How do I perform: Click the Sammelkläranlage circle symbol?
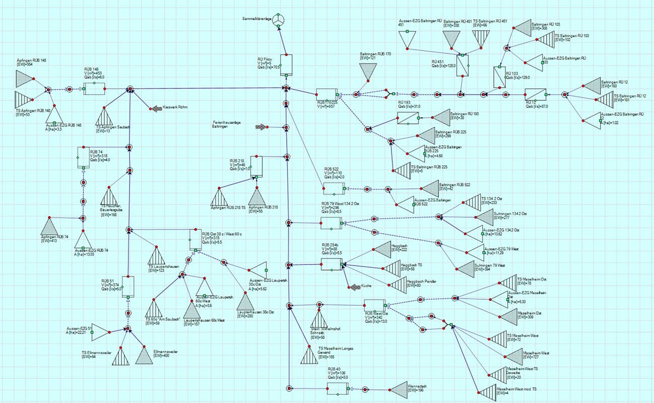(x=279, y=19)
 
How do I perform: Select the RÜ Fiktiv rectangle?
(x=286, y=64)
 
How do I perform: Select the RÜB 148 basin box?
(x=94, y=89)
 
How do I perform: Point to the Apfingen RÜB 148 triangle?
(x=24, y=79)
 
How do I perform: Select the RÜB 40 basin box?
(x=337, y=388)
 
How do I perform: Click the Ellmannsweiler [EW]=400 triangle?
(x=144, y=356)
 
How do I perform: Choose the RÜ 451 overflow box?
(x=463, y=65)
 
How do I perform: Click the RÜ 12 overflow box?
(x=535, y=94)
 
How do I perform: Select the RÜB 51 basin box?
(x=128, y=287)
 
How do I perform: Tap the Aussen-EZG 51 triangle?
(x=100, y=332)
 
